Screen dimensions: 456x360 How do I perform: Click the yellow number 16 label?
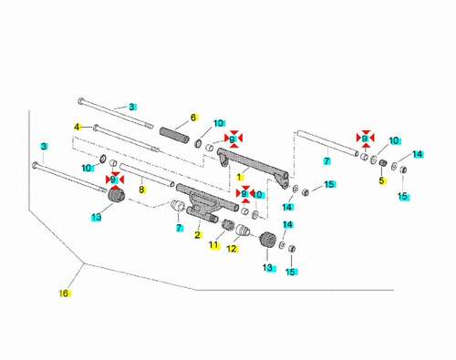pos(64,293)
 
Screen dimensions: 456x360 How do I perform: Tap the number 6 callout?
pos(193,118)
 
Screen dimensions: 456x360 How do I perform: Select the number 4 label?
pos(78,127)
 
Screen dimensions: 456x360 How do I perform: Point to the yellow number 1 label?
pos(240,177)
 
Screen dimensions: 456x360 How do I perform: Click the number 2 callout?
pos(198,235)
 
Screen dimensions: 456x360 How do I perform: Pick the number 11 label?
pos(213,244)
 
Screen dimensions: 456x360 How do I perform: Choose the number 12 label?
pos(232,249)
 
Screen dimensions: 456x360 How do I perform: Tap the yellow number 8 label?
pos(141,190)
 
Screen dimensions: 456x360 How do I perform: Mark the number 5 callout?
pos(381,180)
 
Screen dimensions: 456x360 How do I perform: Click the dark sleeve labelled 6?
pos(174,135)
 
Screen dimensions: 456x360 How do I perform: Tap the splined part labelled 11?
pos(227,225)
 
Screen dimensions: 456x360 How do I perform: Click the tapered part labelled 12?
pos(243,231)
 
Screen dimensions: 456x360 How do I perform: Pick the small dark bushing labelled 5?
pos(382,162)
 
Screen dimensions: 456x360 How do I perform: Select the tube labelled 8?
pos(147,175)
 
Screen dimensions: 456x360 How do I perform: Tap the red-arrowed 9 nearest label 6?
pos(232,139)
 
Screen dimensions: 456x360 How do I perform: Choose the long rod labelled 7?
pos(327,143)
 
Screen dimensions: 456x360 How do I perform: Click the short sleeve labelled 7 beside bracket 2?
pos(178,206)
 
